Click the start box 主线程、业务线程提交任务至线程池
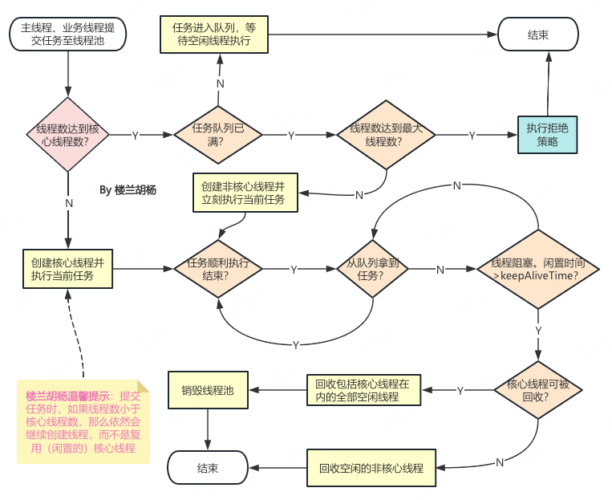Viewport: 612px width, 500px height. click(x=68, y=35)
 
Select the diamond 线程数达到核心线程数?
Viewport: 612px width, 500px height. click(x=68, y=135)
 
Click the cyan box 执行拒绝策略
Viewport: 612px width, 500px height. click(x=547, y=135)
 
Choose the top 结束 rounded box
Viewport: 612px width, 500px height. click(x=538, y=35)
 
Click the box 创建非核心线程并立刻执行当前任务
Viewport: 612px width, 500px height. click(x=245, y=193)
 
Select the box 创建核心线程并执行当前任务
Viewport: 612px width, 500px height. click(x=68, y=269)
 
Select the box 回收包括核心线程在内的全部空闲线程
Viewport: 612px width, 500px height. click(x=364, y=390)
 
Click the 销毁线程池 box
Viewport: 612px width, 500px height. click(x=208, y=390)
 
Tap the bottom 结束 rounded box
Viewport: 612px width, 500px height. click(x=208, y=468)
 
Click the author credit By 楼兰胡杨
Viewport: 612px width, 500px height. click(x=128, y=190)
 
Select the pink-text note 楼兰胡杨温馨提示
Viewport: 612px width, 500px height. click(x=83, y=422)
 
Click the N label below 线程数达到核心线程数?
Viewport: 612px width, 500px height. click(x=69, y=203)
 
